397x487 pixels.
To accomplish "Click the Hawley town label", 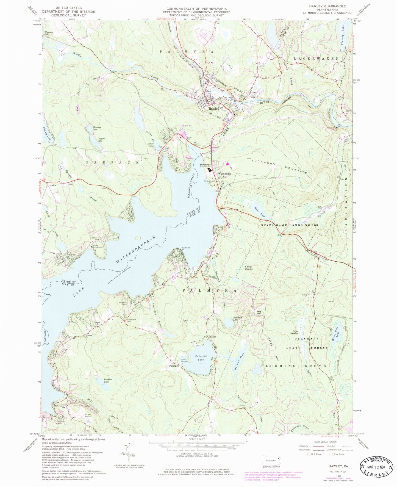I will [213, 109].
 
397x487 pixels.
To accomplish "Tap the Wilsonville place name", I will [224, 174].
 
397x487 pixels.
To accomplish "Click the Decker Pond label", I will [259, 212].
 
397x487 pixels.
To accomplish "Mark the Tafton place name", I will [212, 337].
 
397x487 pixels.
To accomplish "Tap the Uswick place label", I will [52, 185].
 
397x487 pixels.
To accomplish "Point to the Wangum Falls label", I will [48, 33].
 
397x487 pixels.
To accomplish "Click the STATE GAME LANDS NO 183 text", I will [289, 225].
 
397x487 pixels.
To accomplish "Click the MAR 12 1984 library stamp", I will [378, 465].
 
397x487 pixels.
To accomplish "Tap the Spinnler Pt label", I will [186, 248].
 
